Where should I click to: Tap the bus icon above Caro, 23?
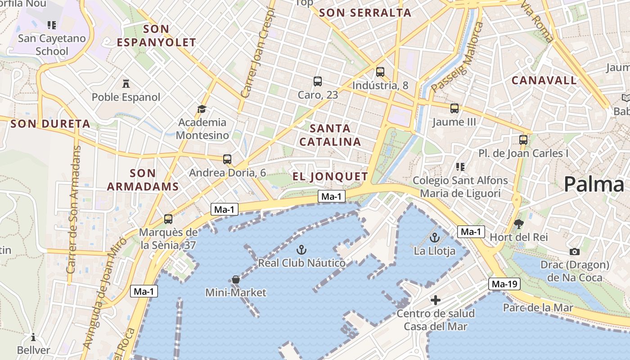(318, 81)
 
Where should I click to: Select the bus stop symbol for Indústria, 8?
(380, 72)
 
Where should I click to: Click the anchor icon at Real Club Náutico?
(301, 249)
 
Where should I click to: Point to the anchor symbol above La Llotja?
(435, 238)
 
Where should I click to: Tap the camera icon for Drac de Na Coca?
(574, 252)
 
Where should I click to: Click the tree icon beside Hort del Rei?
(519, 224)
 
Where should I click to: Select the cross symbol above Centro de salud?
(435, 300)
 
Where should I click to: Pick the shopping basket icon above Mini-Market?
(235, 279)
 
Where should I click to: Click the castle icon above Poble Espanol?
(126, 84)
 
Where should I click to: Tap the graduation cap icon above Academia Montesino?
(202, 109)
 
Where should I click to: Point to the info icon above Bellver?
(33, 337)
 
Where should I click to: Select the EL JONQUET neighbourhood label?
(330, 176)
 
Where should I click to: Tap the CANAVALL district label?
(544, 81)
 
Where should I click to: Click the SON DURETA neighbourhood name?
(50, 124)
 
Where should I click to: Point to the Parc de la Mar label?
(538, 308)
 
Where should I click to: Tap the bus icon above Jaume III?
(454, 108)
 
